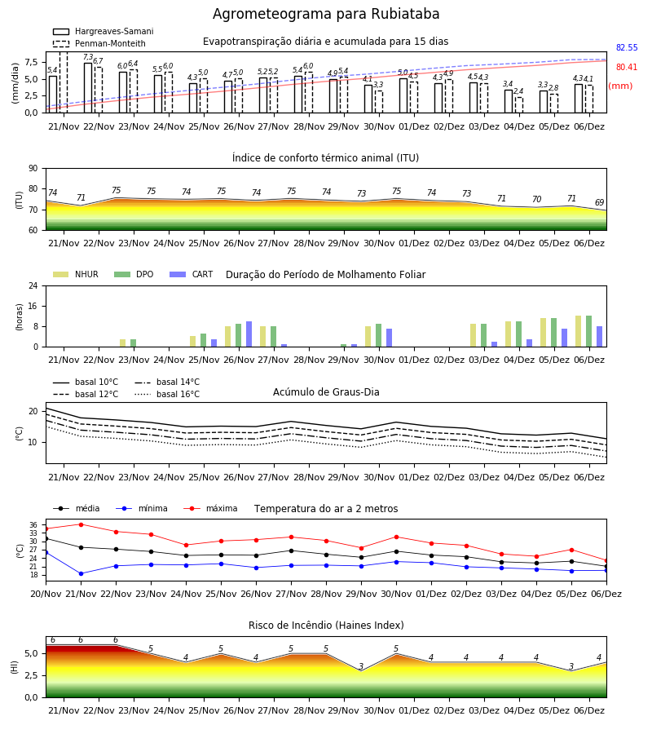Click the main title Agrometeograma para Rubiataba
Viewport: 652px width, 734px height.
click(326, 14)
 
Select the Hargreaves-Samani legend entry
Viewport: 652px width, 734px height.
click(104, 31)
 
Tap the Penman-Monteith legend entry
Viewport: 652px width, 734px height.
click(99, 43)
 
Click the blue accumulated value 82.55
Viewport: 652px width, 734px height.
click(627, 48)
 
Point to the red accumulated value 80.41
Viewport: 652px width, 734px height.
click(627, 68)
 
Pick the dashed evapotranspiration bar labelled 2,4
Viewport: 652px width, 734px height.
click(519, 105)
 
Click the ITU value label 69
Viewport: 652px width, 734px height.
click(600, 203)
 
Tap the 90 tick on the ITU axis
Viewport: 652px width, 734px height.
click(33, 169)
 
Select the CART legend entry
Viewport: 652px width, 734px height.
click(192, 274)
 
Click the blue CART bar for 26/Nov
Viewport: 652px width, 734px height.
click(249, 334)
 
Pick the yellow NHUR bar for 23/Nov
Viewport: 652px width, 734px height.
click(122, 343)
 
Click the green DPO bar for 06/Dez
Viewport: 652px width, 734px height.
click(589, 331)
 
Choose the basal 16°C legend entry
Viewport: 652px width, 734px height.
click(167, 394)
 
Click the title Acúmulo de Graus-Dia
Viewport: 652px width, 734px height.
click(326, 392)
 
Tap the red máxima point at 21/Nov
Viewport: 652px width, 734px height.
click(81, 524)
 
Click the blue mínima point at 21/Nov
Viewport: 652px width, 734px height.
click(81, 574)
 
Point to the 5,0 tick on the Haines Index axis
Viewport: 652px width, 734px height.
click(33, 653)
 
